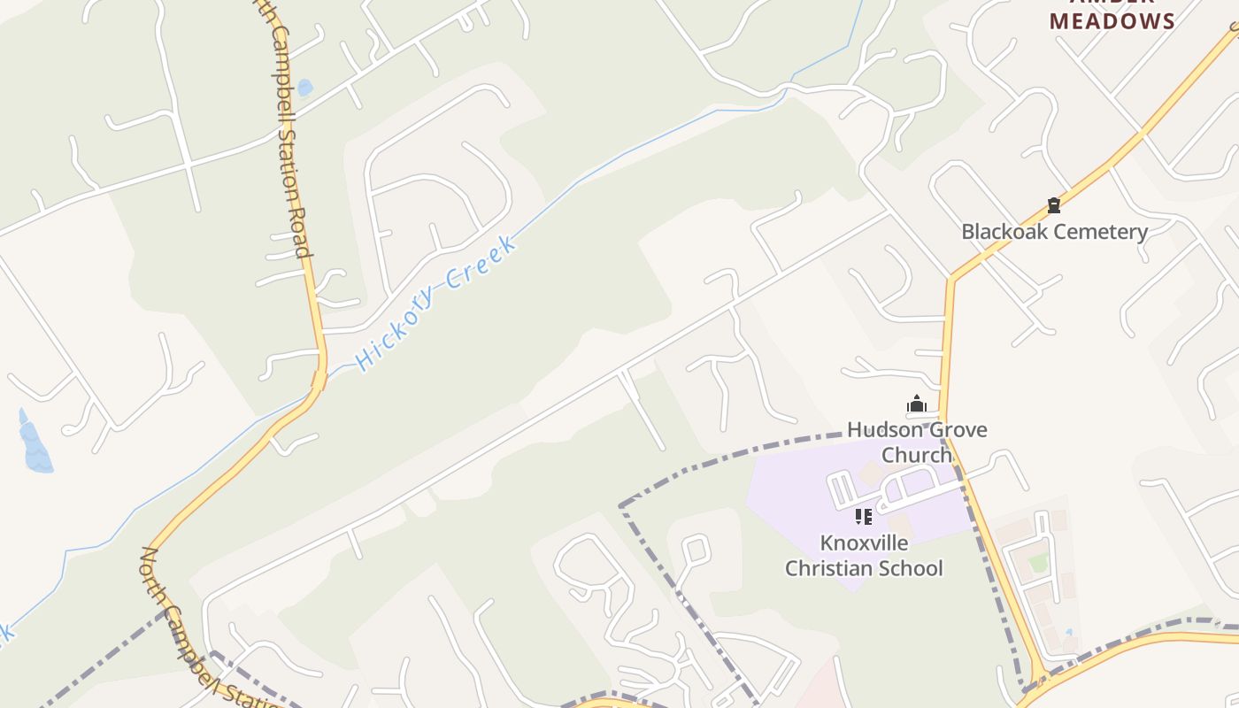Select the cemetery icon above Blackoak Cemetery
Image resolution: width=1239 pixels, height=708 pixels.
click(1053, 205)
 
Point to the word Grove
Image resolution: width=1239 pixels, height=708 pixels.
click(958, 430)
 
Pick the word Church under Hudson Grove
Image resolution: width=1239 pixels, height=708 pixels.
click(917, 455)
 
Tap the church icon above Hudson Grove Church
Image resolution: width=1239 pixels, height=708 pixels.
click(916, 405)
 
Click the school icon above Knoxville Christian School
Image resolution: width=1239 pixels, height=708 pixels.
click(864, 516)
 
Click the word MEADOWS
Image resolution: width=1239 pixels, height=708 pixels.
click(1112, 21)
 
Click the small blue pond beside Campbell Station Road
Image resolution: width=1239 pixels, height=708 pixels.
click(304, 88)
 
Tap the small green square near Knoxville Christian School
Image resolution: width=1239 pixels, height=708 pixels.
click(1038, 563)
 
